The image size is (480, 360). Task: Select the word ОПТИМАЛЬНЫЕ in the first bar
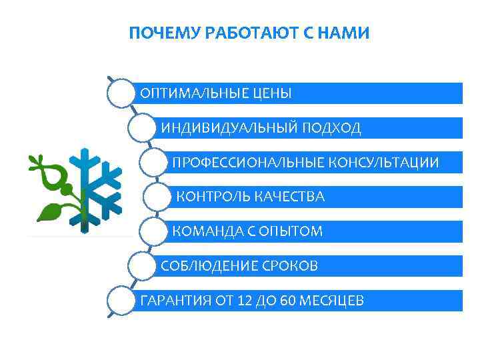(x=191, y=93)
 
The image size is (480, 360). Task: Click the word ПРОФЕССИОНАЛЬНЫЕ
(x=248, y=163)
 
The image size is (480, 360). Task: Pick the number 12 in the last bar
(x=245, y=301)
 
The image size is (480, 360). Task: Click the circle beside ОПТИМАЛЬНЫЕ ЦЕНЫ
(x=121, y=93)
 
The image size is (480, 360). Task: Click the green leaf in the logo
(x=49, y=212)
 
